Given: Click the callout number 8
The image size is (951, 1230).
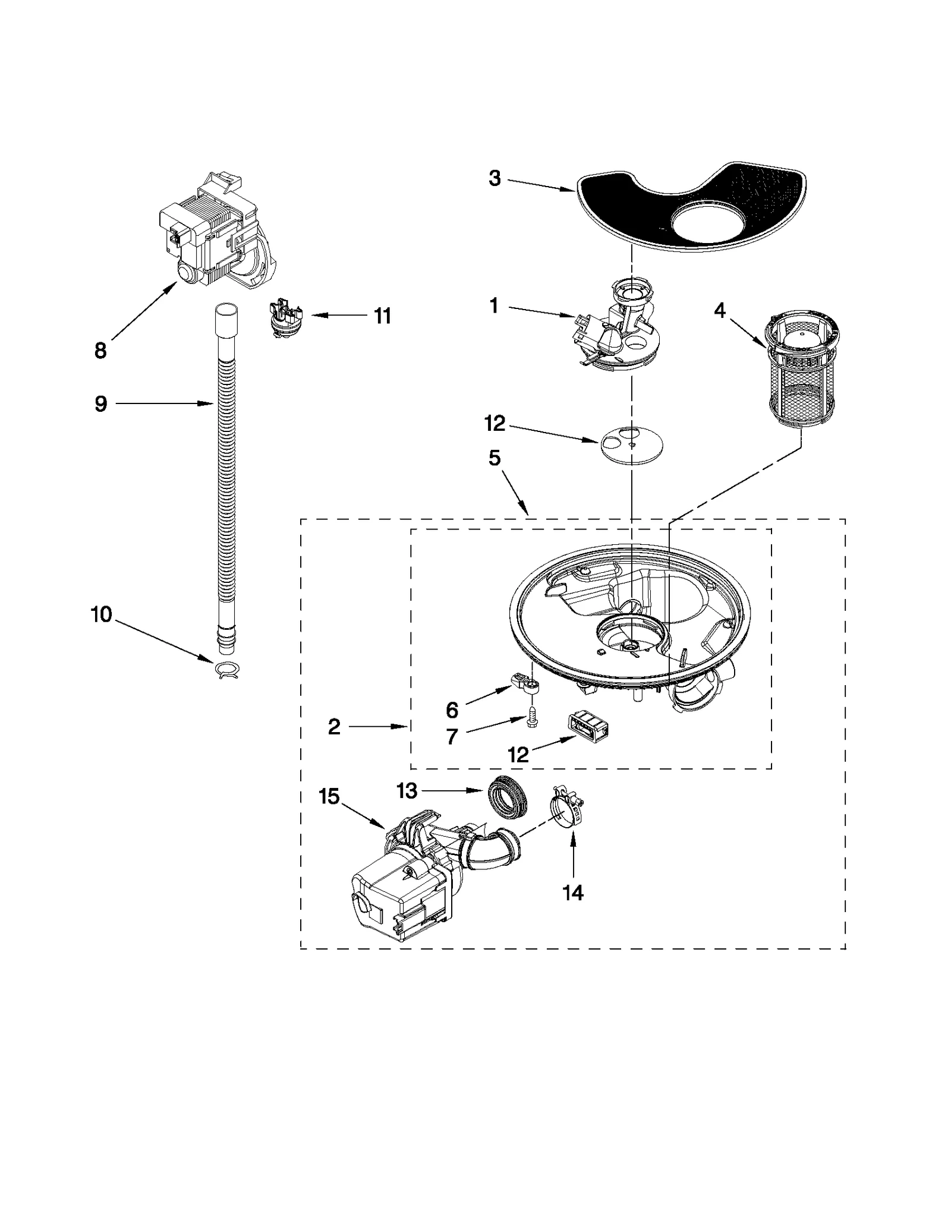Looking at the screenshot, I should (x=100, y=351).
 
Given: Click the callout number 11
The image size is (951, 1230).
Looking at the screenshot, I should (x=382, y=316).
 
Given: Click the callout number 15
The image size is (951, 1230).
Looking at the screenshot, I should (x=329, y=796).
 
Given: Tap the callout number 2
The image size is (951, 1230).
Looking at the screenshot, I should (x=334, y=726).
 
